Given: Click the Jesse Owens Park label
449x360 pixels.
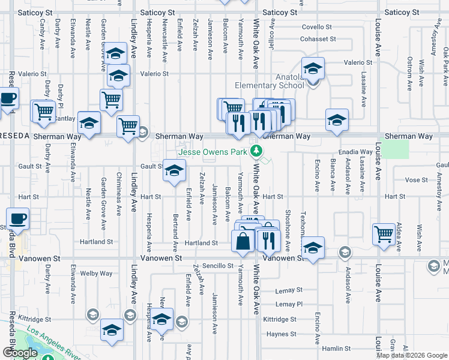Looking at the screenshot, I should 212,152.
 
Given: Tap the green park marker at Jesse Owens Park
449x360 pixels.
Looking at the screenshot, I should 256,151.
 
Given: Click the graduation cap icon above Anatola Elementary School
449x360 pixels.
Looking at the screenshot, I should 312,68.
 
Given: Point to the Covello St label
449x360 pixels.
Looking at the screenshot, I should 316,27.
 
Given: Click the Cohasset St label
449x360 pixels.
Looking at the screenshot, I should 318,39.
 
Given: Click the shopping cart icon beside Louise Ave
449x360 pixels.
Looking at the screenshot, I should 384,233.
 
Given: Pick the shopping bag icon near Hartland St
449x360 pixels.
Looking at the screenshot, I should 243,241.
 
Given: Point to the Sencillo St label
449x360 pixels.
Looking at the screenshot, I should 217,265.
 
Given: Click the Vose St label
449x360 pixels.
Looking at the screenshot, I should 416,179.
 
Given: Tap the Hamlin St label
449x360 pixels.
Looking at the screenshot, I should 336,348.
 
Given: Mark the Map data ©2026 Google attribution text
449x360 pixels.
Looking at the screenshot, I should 412,355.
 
